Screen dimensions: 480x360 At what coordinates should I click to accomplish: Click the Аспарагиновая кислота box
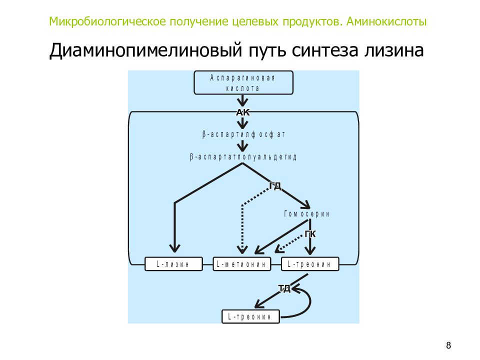coord(243,82)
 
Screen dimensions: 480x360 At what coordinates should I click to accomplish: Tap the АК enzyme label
coord(243,112)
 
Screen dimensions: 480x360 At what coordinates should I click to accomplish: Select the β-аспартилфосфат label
coord(243,134)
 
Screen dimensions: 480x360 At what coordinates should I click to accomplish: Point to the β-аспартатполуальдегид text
coord(243,157)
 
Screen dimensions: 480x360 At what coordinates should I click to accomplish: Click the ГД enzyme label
coord(275,185)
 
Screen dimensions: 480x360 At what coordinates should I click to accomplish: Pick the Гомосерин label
coord(306,213)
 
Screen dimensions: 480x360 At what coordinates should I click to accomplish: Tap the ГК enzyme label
coord(310,234)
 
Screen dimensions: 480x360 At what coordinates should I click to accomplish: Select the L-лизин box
coord(173,264)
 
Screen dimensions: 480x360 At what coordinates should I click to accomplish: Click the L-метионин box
coord(242,264)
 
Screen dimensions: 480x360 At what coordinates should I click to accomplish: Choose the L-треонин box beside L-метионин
coord(310,264)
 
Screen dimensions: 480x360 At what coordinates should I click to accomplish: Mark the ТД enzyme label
coord(284,288)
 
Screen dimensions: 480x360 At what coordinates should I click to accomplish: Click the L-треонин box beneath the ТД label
coord(250,316)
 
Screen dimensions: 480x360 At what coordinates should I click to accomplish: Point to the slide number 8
coord(448,345)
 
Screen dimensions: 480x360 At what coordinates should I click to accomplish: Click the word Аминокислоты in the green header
coord(386,21)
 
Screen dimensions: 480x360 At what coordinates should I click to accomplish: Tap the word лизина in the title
coord(394,50)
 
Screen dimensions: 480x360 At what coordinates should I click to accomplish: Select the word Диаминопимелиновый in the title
coord(145,50)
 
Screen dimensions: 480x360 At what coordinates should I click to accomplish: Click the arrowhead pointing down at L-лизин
coord(174,248)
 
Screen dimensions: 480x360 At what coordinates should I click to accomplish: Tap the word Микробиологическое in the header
coord(107,21)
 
